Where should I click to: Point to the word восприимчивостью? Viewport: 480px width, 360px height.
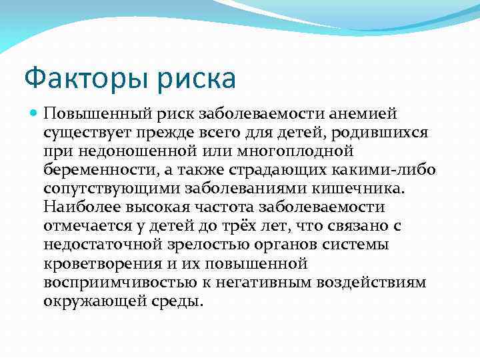112,282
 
